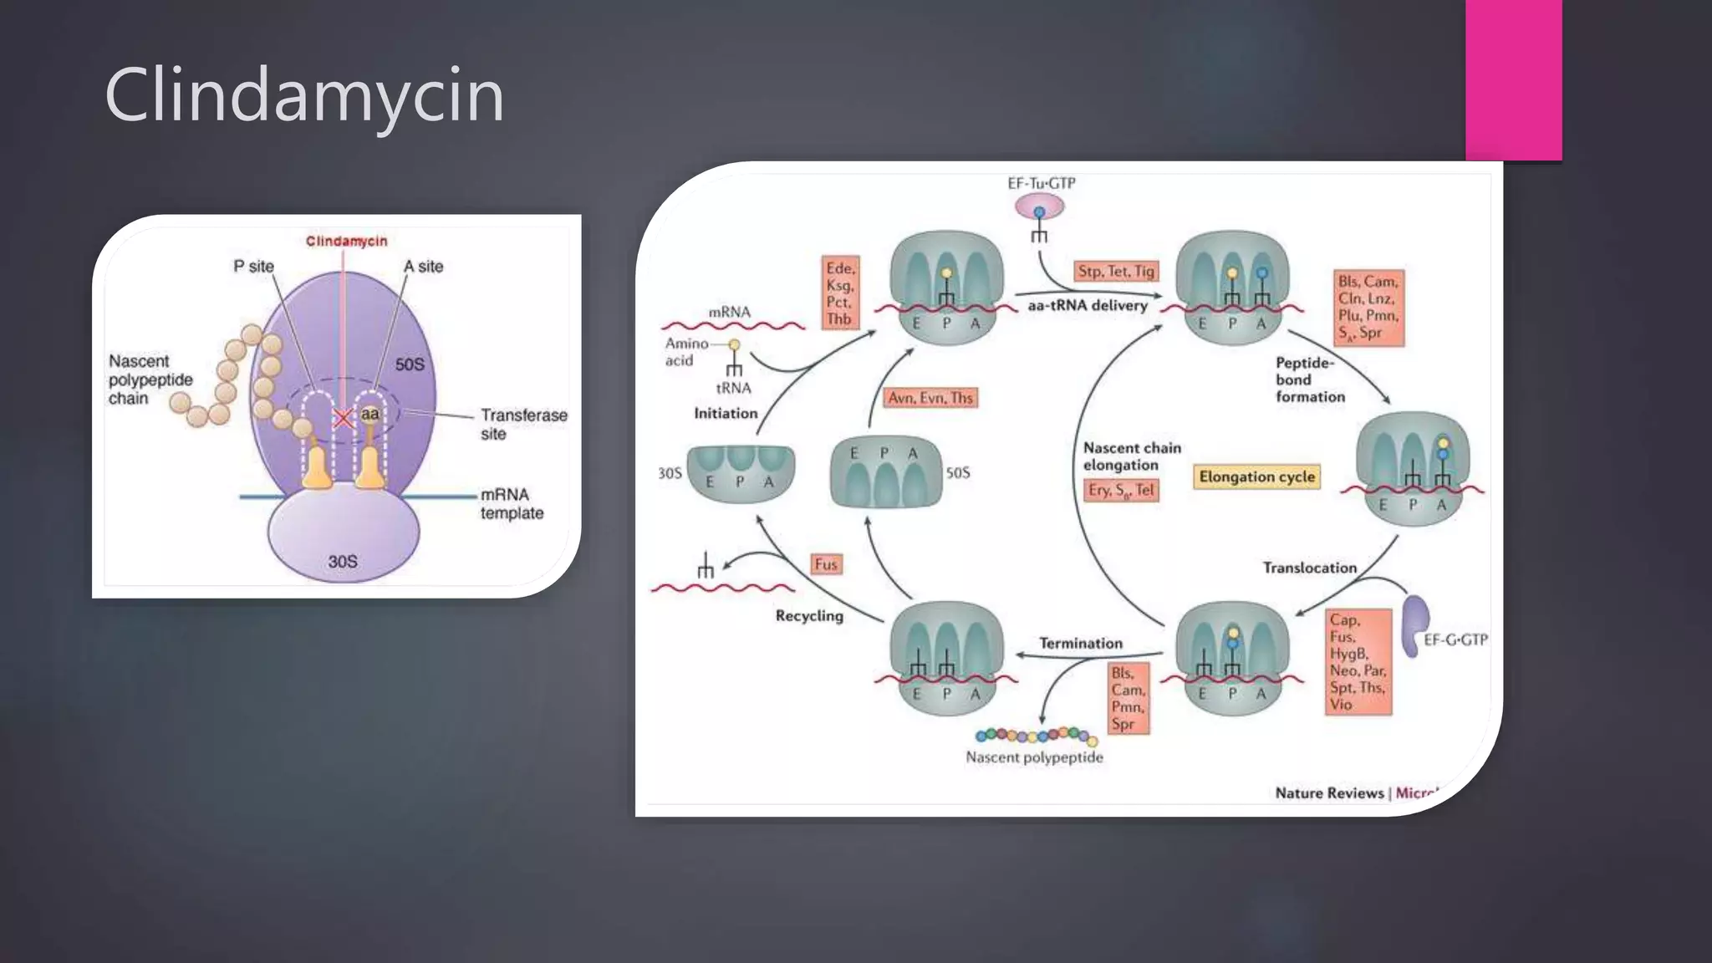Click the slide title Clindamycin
304,95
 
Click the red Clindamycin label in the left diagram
346,241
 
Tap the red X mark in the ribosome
343,418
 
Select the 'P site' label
253,266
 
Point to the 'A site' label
423,266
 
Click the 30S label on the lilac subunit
342,561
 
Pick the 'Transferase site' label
523,424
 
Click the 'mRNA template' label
512,503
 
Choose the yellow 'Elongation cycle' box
1256,476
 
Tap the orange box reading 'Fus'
826,564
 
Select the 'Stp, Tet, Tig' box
1116,271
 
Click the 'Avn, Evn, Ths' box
930,398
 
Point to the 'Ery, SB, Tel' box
1121,490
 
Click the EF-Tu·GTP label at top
1041,183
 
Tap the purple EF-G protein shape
1414,624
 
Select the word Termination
1080,643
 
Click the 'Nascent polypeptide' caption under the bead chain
1034,757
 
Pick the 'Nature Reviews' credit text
1329,792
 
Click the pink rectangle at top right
1513,79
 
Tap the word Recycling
809,615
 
